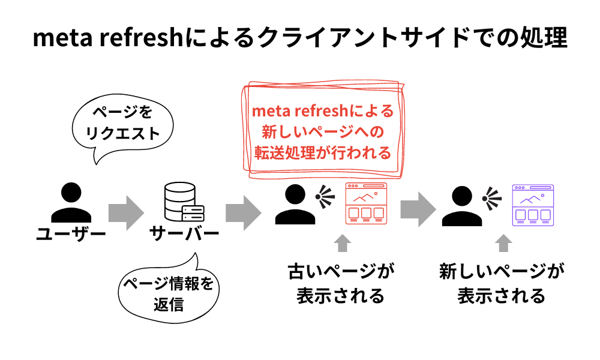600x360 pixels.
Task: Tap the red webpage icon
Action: [367, 204]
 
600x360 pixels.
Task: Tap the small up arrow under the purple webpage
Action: [504, 243]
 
